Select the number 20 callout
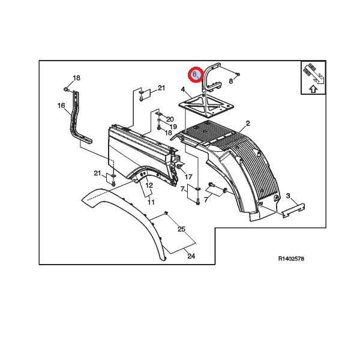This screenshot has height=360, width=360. point(170,119)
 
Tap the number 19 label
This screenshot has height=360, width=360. point(172,127)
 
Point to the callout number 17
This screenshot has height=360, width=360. point(188,177)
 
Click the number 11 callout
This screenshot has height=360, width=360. point(151,202)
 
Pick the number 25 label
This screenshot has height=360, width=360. point(181,229)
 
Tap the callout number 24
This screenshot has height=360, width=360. point(191,256)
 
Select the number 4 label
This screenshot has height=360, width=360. point(182,90)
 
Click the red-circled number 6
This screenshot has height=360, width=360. point(195,74)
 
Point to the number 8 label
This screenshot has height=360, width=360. point(230,80)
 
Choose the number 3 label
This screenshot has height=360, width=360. point(288,196)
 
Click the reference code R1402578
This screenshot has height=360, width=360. point(292,259)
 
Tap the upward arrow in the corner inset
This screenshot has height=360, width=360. point(312,89)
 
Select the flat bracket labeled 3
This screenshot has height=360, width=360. point(293,210)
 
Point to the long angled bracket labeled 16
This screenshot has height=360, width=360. point(77,119)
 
